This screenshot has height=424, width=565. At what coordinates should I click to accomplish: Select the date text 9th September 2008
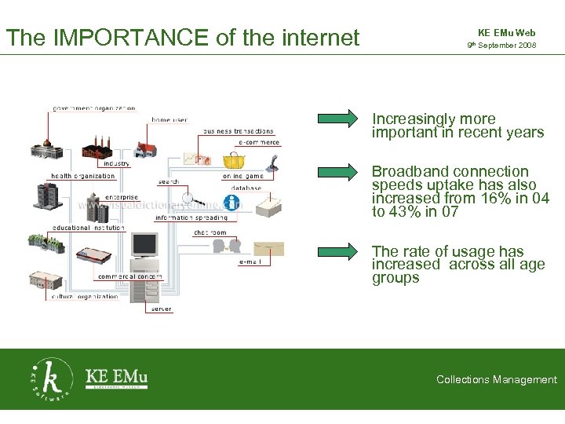501,46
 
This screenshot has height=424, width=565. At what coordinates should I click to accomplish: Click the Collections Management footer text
497,380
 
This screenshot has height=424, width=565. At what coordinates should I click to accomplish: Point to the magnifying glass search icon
191,198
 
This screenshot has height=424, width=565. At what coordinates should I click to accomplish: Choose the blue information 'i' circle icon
231,202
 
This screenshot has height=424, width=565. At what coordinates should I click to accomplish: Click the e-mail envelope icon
269,248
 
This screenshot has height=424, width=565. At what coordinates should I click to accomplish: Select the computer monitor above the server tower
144,247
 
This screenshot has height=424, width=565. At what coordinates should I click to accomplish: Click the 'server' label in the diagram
160,309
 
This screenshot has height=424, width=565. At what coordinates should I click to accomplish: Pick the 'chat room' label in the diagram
210,232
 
